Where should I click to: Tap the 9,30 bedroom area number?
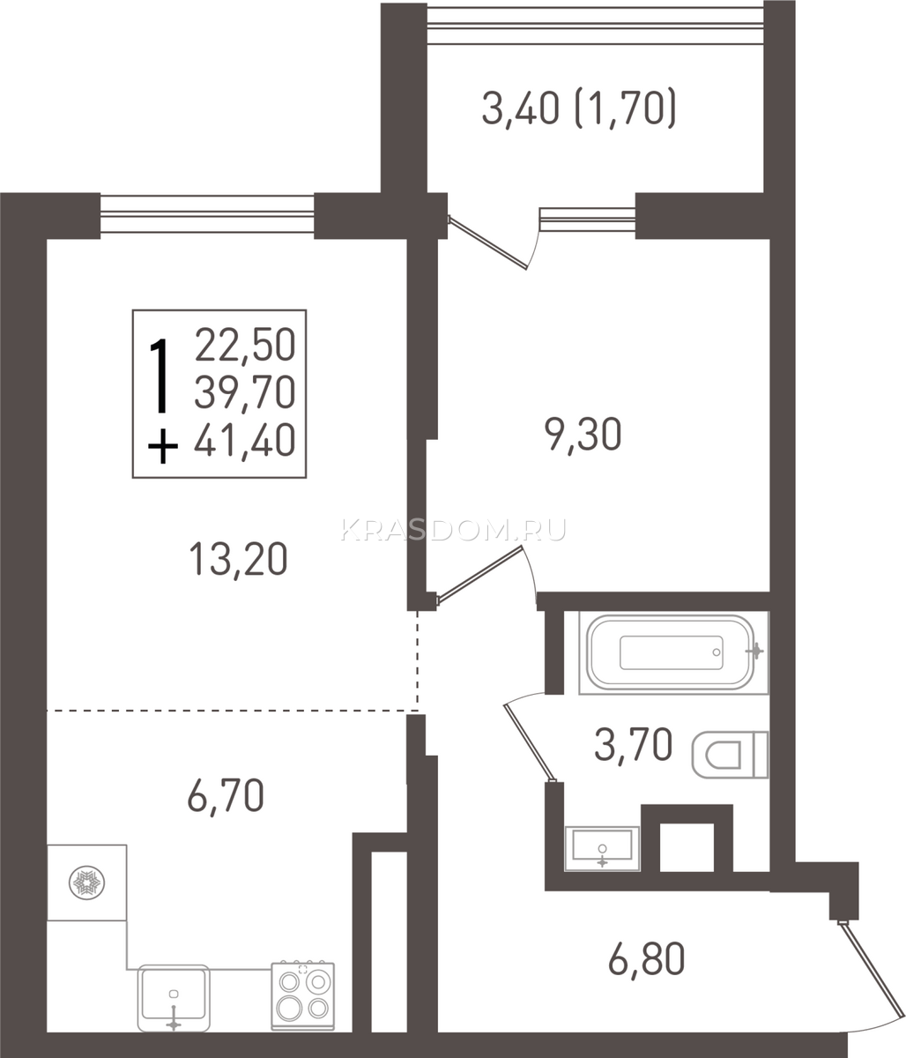click(583, 435)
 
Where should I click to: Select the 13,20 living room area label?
click(238, 560)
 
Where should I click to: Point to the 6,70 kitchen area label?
click(226, 795)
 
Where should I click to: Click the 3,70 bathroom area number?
click(633, 745)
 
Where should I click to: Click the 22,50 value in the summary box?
click(245, 345)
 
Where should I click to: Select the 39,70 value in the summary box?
click(245, 391)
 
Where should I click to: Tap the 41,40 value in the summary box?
click(244, 440)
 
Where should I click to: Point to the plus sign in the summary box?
click(163, 446)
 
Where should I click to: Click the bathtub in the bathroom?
click(673, 652)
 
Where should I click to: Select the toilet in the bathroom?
click(730, 755)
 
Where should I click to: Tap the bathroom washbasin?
click(602, 848)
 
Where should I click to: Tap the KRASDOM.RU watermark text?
click(453, 530)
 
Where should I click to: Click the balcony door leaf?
click(487, 242)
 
